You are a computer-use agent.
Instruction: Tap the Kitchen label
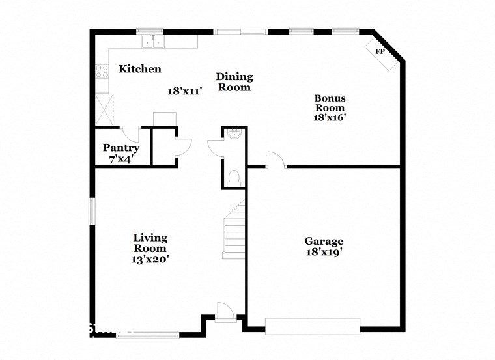[139, 69]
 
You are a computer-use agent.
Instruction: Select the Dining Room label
[234, 82]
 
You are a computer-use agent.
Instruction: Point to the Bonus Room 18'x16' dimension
[330, 118]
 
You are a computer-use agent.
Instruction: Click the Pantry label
[121, 148]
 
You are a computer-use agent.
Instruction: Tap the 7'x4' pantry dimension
[122, 158]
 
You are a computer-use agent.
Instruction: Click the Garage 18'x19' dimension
[324, 252]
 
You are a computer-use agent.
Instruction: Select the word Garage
[324, 242]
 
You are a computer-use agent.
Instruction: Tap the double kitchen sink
[152, 42]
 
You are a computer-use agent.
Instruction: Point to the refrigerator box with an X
[104, 108]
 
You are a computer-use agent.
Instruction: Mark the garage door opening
[313, 325]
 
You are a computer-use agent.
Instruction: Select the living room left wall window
[92, 211]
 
